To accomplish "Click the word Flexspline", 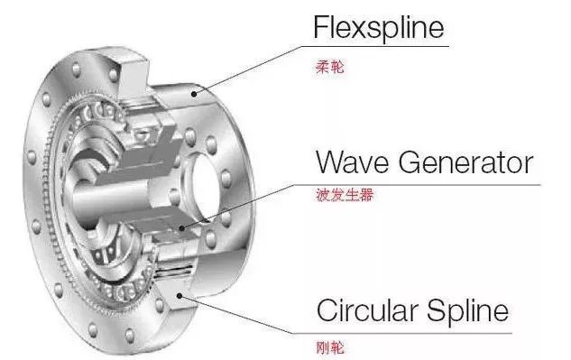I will pos(379,27).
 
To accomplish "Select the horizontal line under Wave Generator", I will pos(433,185).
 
